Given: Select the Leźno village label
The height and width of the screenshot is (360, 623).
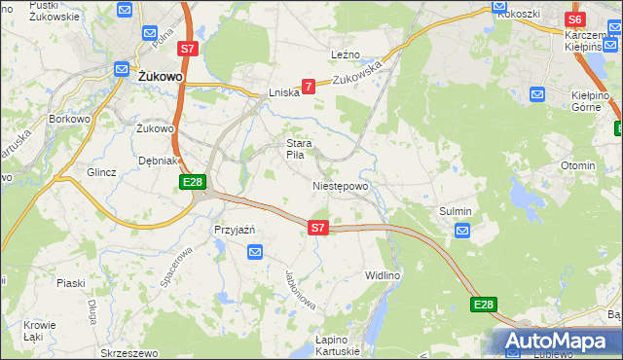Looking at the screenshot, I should coord(346,54).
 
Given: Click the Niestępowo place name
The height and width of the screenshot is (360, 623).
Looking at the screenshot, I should coord(340,186).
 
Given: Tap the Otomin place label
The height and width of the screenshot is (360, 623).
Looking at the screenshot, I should coord(577,165).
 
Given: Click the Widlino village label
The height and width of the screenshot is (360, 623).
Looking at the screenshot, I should coord(382,275).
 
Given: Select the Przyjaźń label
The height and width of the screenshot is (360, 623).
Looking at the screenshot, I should coord(234,230).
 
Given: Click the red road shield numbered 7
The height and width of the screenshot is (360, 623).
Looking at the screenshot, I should coord(309,87).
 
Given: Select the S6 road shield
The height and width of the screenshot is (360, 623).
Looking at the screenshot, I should coord(574,19).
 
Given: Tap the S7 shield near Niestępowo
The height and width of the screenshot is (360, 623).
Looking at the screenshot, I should coord(317,228).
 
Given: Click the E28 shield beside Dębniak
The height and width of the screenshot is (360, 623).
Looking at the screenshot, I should coord(192,182).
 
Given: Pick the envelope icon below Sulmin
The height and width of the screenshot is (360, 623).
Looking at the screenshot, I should coord(462,231).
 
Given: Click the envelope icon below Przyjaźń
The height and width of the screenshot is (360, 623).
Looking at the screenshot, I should coord(255,252).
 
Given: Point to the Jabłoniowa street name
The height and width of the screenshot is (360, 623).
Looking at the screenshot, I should coord(302,289).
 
